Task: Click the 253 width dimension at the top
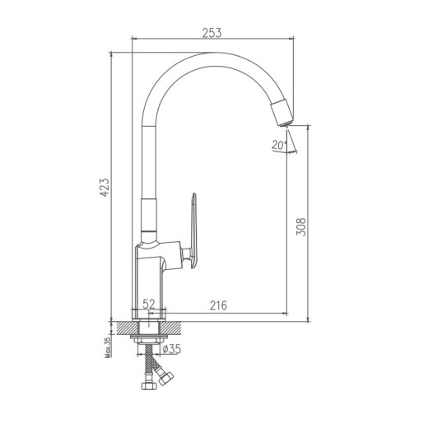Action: [x=212, y=32]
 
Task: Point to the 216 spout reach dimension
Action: [x=217, y=305]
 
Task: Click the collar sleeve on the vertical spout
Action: [x=149, y=216]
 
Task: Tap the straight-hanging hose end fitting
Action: [x=150, y=384]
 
